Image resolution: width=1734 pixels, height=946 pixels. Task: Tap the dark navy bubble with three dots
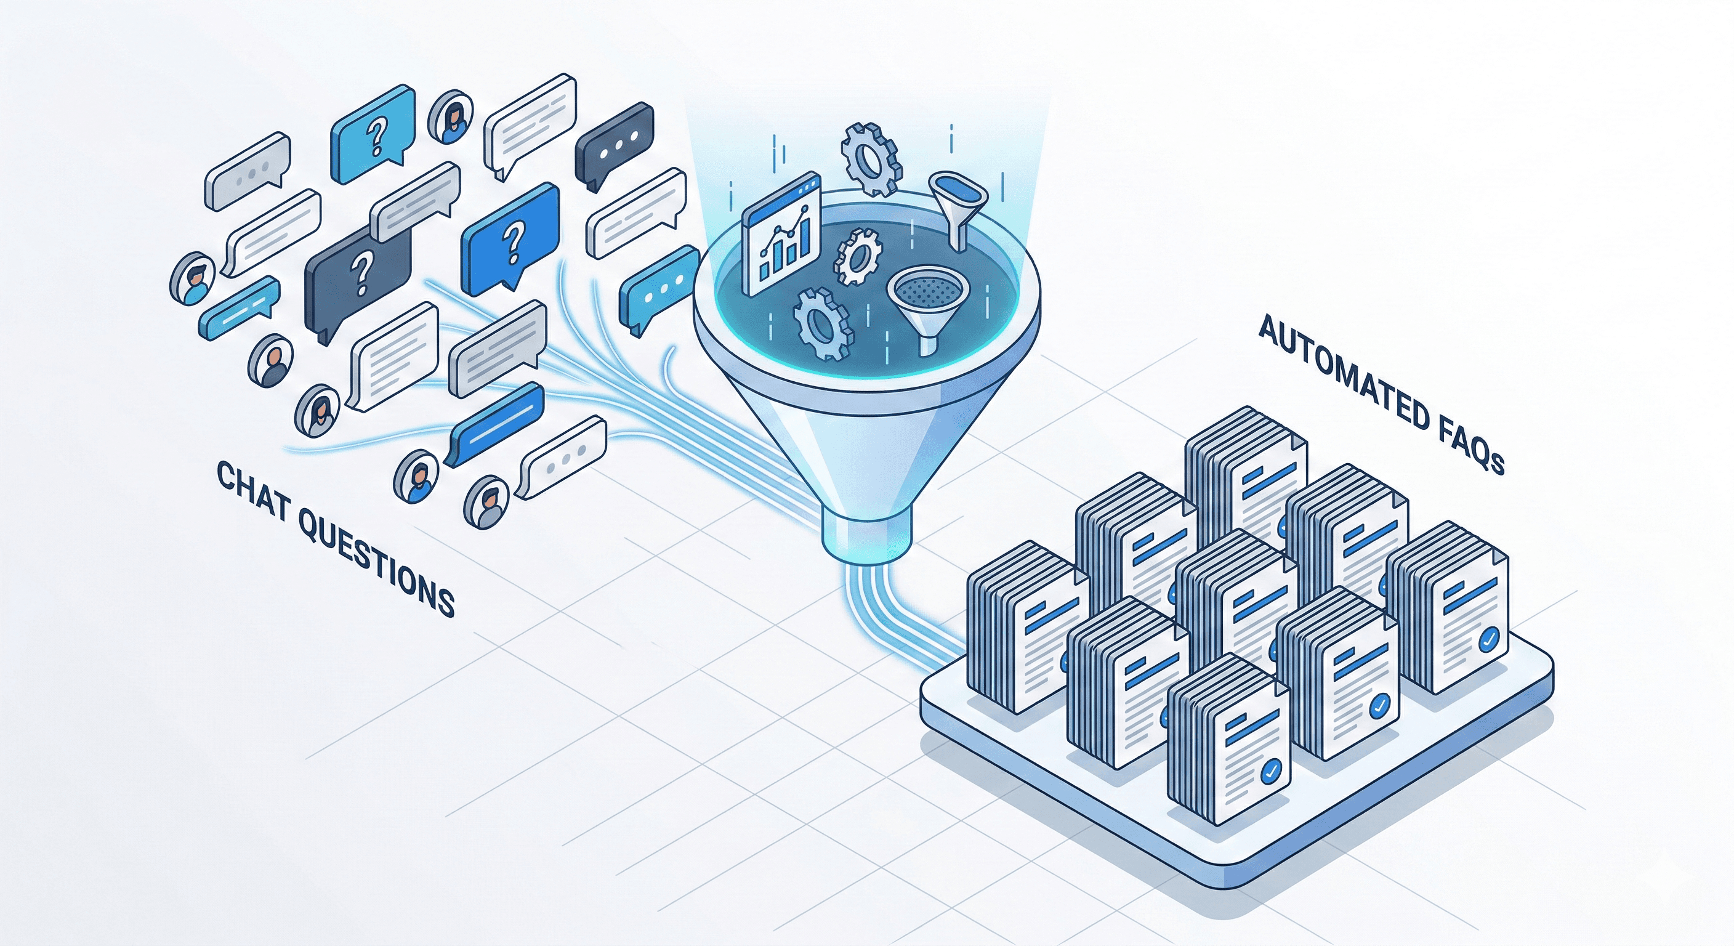click(615, 145)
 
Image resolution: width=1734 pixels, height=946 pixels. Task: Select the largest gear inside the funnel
click(823, 325)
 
